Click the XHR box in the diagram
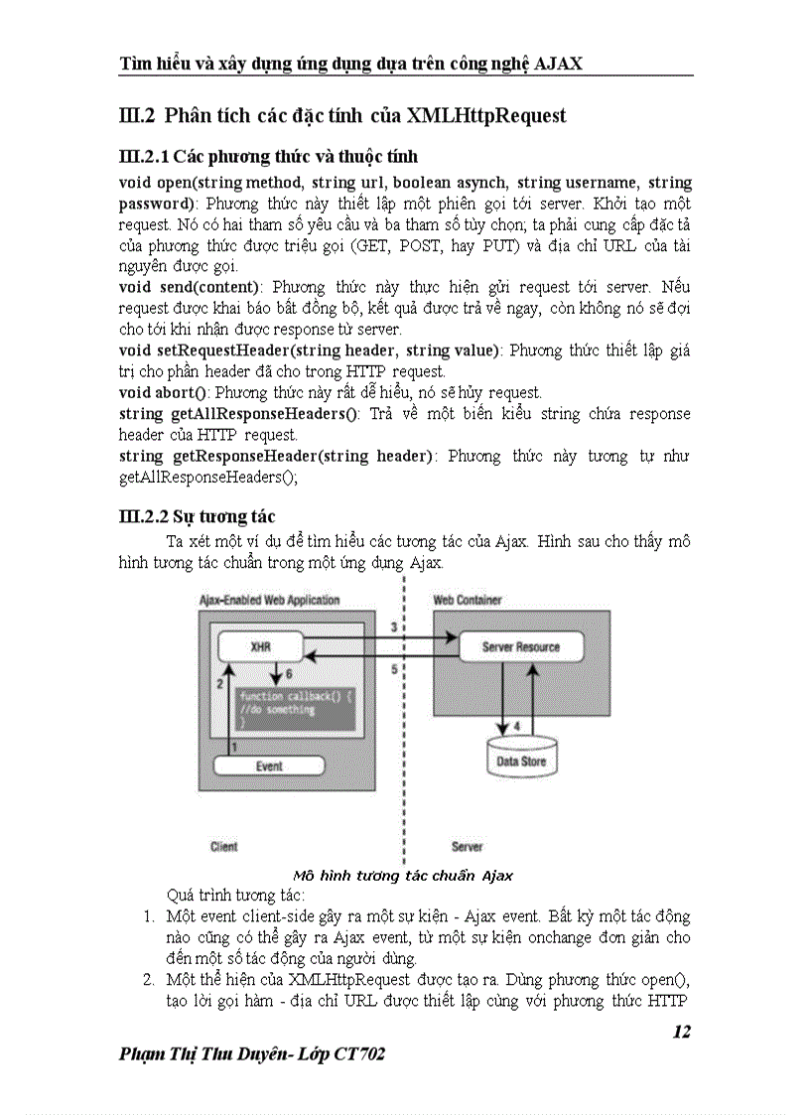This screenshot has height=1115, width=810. pos(260,646)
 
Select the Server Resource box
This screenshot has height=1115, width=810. pos(520,647)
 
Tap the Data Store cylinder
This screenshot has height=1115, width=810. pos(520,760)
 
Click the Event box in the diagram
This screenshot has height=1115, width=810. pos(269,766)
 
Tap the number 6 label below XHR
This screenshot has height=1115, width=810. pos(288,673)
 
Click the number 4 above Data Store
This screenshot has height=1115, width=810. pos(516,727)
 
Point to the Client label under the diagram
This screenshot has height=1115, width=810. pos(224,847)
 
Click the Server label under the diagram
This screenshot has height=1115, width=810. pos(467,847)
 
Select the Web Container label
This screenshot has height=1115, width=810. pos(468,600)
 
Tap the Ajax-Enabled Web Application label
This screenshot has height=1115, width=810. pos(269,600)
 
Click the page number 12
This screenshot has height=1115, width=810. pos(681,1032)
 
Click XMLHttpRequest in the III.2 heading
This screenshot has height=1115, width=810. pos(485,115)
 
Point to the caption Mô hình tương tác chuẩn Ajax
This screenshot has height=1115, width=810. pos(403,875)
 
